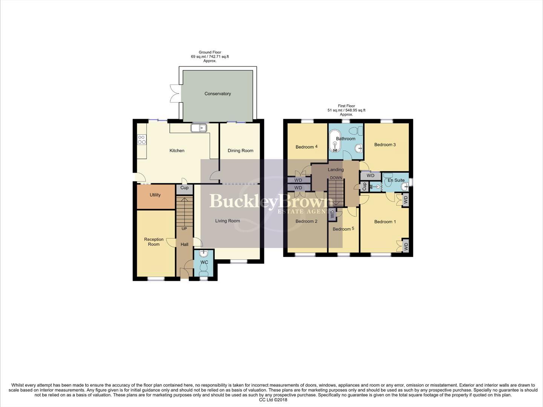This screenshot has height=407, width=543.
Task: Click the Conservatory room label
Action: (217, 94)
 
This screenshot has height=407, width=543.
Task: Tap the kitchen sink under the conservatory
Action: (199, 128)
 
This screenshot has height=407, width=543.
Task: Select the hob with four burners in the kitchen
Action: (142, 140)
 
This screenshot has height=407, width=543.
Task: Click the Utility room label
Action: (155, 195)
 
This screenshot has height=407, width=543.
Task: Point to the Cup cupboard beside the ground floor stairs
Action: (184, 188)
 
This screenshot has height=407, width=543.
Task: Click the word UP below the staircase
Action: (184, 229)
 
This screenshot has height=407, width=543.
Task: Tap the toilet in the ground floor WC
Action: (204, 268)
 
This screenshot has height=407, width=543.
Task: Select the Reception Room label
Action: (154, 242)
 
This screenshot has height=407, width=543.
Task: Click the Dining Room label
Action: (240, 151)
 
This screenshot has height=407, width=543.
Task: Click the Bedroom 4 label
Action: (306, 147)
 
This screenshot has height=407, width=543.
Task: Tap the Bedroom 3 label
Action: (385, 145)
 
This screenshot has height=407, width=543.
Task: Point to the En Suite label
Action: (396, 180)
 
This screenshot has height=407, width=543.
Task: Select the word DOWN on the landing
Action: (336, 178)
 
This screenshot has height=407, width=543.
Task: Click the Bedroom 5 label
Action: (343, 229)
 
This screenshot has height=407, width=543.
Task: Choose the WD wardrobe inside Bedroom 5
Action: (332, 214)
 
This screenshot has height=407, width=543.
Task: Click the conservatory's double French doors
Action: (175, 93)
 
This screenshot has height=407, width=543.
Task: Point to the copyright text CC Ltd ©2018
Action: (273, 400)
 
